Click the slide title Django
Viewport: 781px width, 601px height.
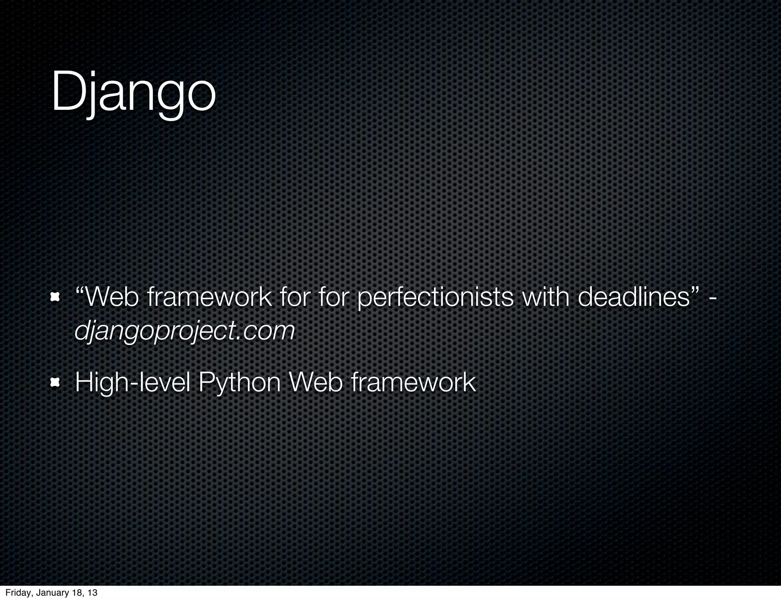coord(133,93)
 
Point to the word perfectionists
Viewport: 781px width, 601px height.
coord(435,298)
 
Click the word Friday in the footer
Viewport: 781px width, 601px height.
coord(16,593)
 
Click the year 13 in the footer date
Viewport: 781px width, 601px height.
coord(92,593)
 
